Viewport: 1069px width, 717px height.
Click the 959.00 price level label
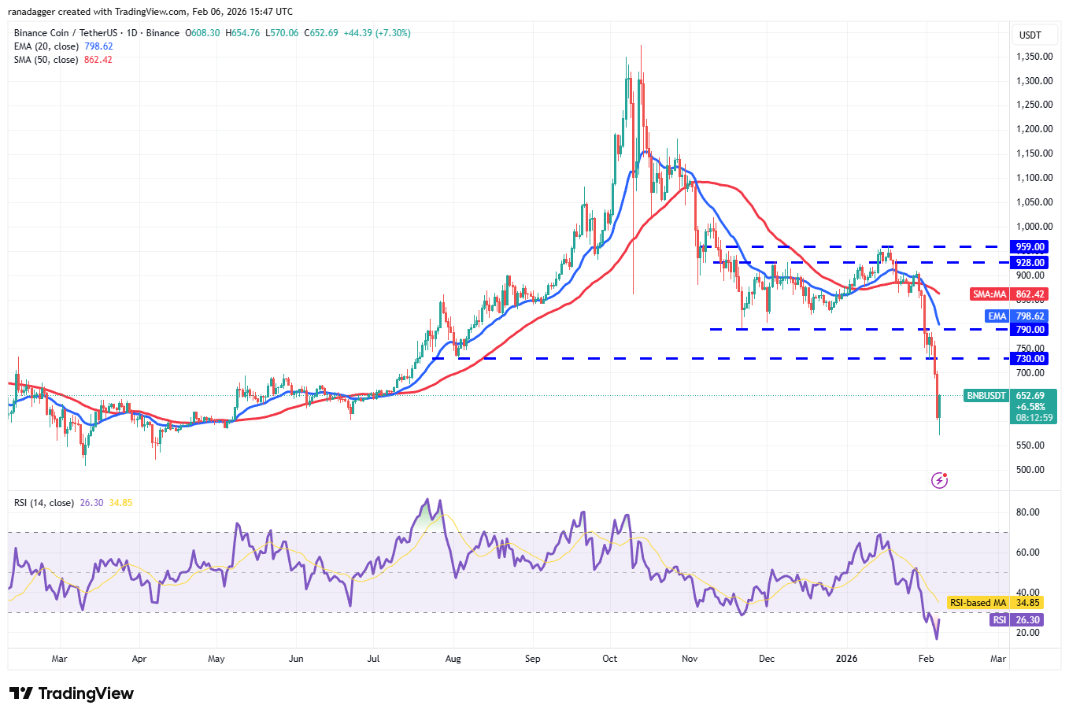pyautogui.click(x=1030, y=247)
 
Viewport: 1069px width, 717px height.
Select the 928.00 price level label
pyautogui.click(x=1030, y=263)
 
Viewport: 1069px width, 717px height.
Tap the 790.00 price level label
pyautogui.click(x=1030, y=330)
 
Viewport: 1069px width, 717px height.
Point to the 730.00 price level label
pyautogui.click(x=1030, y=359)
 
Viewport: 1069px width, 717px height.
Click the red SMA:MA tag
pyautogui.click(x=989, y=294)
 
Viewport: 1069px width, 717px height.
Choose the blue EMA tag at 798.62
pyautogui.click(x=997, y=316)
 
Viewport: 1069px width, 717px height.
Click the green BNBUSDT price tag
pyautogui.click(x=986, y=396)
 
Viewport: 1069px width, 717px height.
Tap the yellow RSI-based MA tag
pyautogui.click(x=978, y=603)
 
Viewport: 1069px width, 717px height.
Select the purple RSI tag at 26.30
pyautogui.click(x=999, y=620)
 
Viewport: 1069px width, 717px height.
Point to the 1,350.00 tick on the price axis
pyautogui.click(x=1034, y=57)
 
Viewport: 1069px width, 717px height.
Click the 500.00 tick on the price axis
pyautogui.click(x=1030, y=470)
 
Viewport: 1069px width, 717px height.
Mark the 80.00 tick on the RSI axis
pyautogui.click(x=1028, y=512)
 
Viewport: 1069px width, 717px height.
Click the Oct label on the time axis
pyautogui.click(x=609, y=659)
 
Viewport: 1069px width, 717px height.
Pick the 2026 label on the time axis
pyautogui.click(x=846, y=659)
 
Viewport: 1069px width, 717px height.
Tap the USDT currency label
pyautogui.click(x=1030, y=35)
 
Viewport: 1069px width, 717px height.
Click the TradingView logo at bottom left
pyautogui.click(x=72, y=693)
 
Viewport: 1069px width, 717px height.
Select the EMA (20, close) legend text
pyautogui.click(x=46, y=46)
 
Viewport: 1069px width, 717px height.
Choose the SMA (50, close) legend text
pyautogui.click(x=46, y=60)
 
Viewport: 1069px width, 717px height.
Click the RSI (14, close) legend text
pyautogui.click(x=44, y=503)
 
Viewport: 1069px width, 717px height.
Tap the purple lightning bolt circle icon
pyautogui.click(x=939, y=480)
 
